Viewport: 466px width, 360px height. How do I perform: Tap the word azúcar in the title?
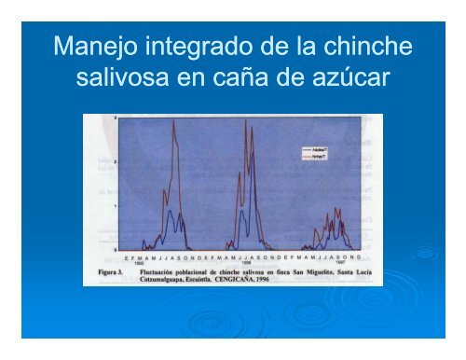[346, 80]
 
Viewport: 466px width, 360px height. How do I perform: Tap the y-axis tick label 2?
[116, 161]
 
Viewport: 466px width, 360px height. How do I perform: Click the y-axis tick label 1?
[116, 205]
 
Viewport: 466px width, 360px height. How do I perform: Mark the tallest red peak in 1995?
[174, 121]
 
